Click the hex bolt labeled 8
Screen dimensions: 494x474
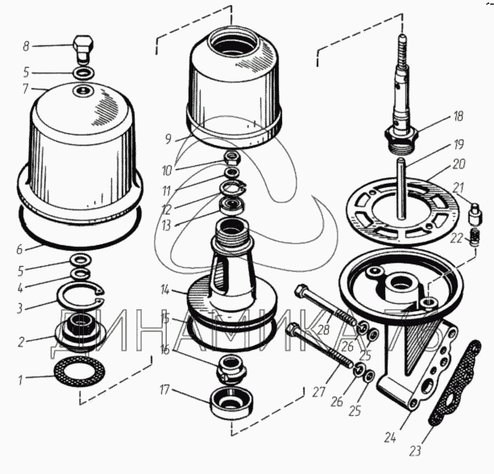[x=84, y=50]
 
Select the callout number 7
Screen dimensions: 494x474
[x=26, y=89]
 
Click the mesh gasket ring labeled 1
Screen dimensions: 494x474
[x=80, y=372]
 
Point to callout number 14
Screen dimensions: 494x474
[x=165, y=289]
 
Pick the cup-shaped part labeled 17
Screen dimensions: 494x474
[x=232, y=402]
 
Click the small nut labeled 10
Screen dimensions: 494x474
[x=232, y=156]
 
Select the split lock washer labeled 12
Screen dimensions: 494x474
[x=233, y=188]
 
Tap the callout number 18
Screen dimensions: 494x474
[x=459, y=116]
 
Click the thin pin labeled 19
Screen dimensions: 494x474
[x=401, y=189]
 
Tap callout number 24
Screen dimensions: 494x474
[x=390, y=438]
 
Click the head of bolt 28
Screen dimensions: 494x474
[x=302, y=289]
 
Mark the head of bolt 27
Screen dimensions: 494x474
[x=293, y=328]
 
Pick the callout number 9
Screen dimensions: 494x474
[x=168, y=139]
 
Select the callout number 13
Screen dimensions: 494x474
[x=166, y=226]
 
